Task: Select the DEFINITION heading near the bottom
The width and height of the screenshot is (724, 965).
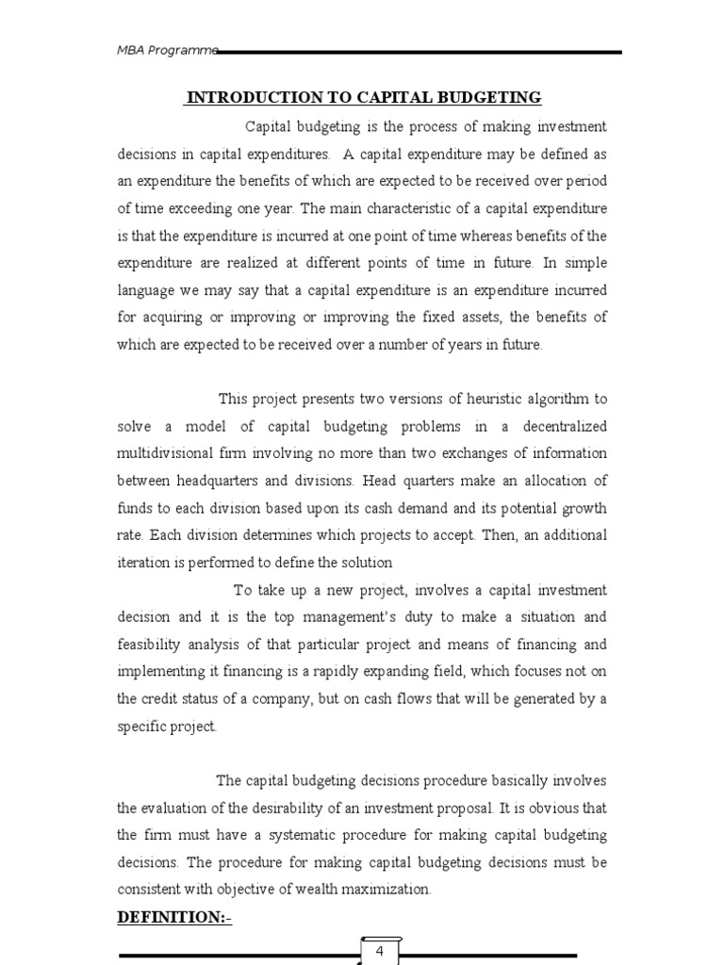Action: coord(173,917)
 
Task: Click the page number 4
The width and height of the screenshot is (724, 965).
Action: coord(379,951)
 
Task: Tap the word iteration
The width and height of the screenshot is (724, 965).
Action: coord(144,563)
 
